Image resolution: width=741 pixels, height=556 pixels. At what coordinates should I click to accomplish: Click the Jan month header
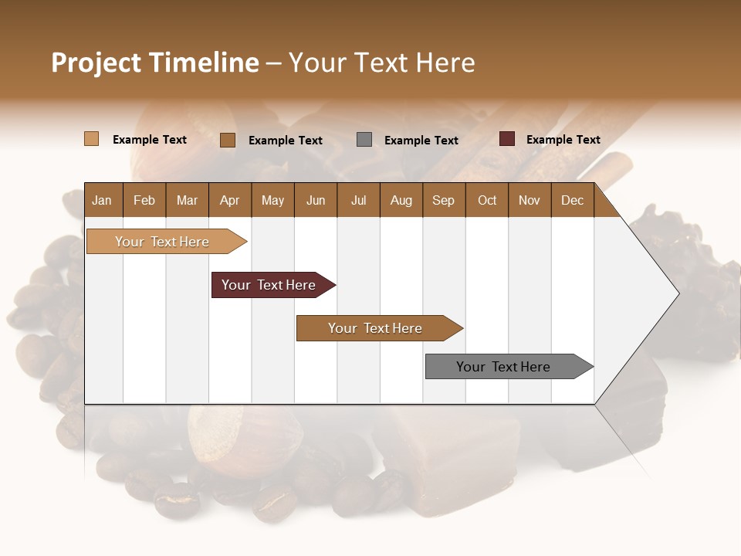coord(102,201)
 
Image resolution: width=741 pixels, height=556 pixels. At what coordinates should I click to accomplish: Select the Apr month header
coord(229,201)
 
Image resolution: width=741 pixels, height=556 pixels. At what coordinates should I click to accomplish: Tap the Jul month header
coord(358,201)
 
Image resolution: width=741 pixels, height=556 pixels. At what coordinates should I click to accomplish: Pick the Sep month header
coord(443,201)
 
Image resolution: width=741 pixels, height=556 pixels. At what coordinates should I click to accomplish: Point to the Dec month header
coord(572,201)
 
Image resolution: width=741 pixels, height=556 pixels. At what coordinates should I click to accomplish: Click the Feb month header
coord(144,201)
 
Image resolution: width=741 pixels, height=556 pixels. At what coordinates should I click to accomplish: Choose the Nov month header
coord(529,201)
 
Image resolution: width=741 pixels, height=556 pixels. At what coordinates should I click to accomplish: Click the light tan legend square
coord(92,139)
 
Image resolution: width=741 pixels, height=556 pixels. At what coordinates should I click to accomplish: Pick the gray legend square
coord(364,140)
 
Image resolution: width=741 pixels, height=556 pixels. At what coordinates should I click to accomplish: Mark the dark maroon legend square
coord(507,139)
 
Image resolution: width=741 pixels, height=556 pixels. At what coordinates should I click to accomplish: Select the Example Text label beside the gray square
coord(421,141)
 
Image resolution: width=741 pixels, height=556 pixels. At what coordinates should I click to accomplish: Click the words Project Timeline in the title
coord(155,63)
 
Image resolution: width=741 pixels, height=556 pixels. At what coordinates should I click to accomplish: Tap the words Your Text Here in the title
coord(381,63)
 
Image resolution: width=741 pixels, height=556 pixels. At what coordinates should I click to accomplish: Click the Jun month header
coord(316,201)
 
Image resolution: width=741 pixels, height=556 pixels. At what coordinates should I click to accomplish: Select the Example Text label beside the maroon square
coord(563,140)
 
